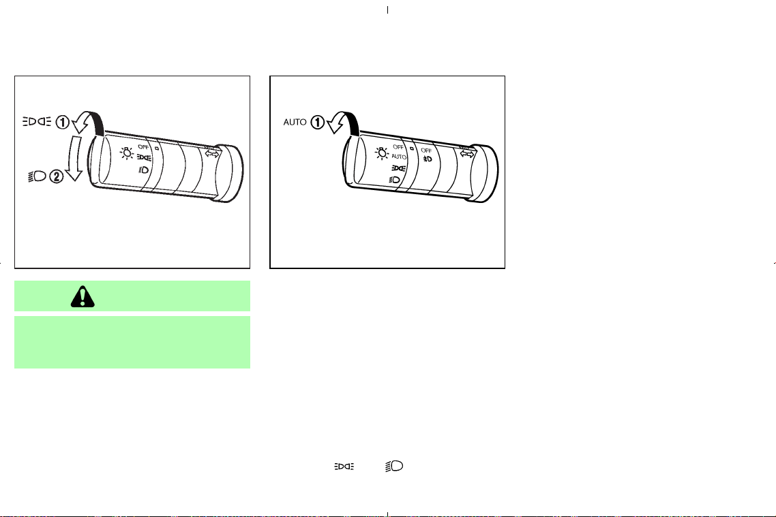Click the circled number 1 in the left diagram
tap(62, 122)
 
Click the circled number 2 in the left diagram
tap(57, 176)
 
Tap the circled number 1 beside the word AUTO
tap(317, 122)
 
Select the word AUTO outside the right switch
tap(295, 122)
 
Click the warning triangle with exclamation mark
tap(83, 296)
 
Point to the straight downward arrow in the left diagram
tap(74, 158)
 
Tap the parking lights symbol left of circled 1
tap(37, 121)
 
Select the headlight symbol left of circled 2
tap(37, 176)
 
